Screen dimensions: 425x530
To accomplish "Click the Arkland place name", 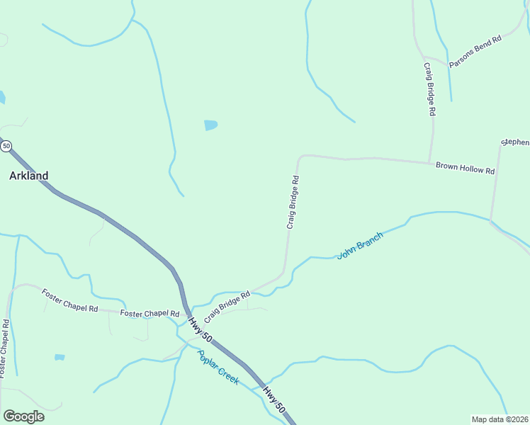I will [28, 176].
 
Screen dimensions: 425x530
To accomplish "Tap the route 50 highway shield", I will [6, 146].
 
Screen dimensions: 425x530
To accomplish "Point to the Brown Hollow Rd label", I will [465, 169].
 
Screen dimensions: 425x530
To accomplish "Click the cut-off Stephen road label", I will [515, 142].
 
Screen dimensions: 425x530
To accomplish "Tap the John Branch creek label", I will [360, 245].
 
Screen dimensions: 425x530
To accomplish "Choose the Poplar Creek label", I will [218, 368].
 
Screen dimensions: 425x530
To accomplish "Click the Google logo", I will [23, 416].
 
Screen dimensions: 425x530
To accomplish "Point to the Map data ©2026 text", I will [500, 419].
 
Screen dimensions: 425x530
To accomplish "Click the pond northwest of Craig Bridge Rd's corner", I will [210, 125].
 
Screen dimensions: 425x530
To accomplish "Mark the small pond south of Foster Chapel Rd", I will [60, 357].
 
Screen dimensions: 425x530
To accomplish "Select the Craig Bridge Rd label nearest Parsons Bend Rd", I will [429, 89].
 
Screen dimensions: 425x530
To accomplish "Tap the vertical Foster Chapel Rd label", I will [4, 347].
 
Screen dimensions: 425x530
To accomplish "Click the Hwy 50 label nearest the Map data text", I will [274, 399].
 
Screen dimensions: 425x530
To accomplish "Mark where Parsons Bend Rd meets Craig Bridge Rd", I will [424, 57].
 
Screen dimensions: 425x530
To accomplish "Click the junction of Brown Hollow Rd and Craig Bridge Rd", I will [429, 162].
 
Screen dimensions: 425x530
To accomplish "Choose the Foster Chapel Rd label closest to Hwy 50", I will [150, 313].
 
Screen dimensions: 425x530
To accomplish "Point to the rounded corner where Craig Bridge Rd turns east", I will [301, 157].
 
